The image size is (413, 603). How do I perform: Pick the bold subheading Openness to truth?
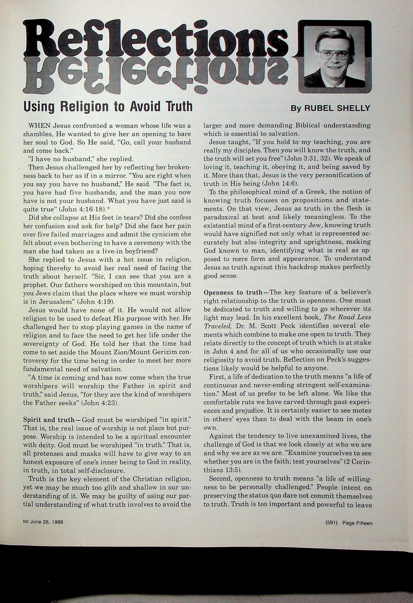coord(233,292)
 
